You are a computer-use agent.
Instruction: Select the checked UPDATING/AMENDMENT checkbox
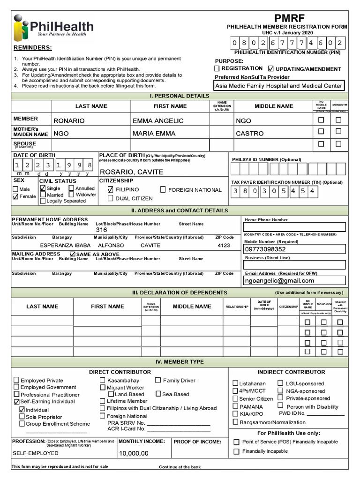coord(271,68)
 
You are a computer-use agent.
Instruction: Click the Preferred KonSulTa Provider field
coord(278,86)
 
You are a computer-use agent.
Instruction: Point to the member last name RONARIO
coord(69,121)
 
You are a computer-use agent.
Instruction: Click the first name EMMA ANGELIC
coord(158,121)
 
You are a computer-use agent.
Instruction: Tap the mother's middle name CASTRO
coord(249,134)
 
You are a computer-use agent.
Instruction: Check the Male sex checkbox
coord(15,189)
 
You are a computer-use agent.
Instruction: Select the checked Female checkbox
coord(15,197)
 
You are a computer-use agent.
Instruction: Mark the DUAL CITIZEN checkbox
coord(111,198)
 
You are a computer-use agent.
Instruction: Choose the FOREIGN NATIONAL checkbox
coord(163,190)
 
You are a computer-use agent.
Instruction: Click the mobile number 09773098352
coord(265,249)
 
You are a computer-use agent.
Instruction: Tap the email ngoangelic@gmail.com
coord(279,281)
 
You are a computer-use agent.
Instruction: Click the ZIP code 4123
coord(224,245)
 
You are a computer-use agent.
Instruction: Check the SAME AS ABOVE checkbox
coord(72,254)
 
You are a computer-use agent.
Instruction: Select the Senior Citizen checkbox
coord(235,398)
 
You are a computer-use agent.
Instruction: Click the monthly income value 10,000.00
coord(134,453)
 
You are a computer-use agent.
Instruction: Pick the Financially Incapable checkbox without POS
coord(237,451)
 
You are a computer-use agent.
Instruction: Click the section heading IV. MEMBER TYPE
coord(180,362)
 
